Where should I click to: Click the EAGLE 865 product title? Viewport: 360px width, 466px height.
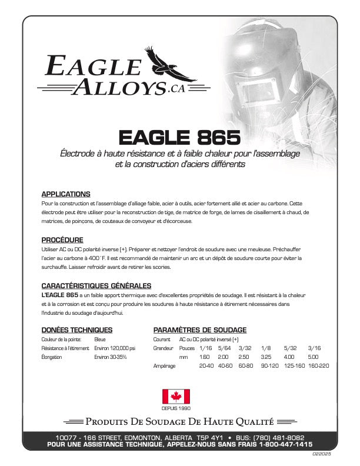coord(179,137)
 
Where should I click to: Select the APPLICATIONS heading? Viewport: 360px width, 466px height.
coord(65,194)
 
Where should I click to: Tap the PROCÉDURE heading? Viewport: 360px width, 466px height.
coord(62,239)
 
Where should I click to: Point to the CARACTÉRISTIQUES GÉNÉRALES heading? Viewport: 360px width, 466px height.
coord(92,285)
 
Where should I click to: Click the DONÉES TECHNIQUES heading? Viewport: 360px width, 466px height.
coord(76,330)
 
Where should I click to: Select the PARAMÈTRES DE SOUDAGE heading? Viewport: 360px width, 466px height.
coord(199,330)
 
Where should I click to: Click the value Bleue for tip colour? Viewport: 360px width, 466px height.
coord(100,339)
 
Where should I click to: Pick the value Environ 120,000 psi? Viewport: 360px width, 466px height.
coord(115,348)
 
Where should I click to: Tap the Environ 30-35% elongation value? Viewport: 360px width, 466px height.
coord(110,357)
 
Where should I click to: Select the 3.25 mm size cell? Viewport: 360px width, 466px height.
coord(265,357)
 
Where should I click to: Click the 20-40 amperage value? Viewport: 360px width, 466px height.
coord(206,366)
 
